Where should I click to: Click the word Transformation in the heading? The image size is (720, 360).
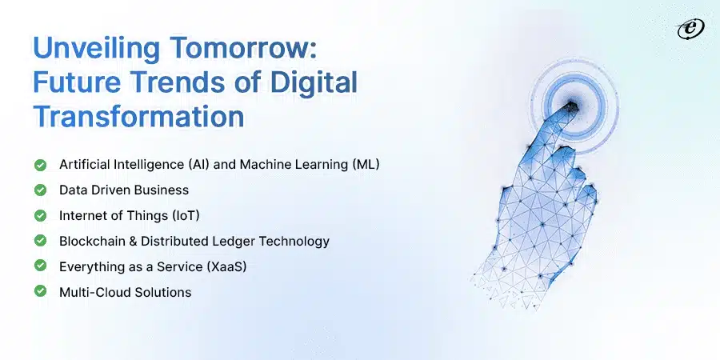coord(138,117)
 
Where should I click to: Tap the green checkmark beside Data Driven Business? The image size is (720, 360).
coord(39,190)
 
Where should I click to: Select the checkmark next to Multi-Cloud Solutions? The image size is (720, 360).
coord(39,292)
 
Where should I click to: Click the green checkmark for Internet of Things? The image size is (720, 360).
coord(39,215)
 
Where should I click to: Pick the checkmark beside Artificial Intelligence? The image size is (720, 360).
coord(39,164)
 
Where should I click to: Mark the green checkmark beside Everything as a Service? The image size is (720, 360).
coord(39,266)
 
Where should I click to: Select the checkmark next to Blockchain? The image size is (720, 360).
coord(39,241)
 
